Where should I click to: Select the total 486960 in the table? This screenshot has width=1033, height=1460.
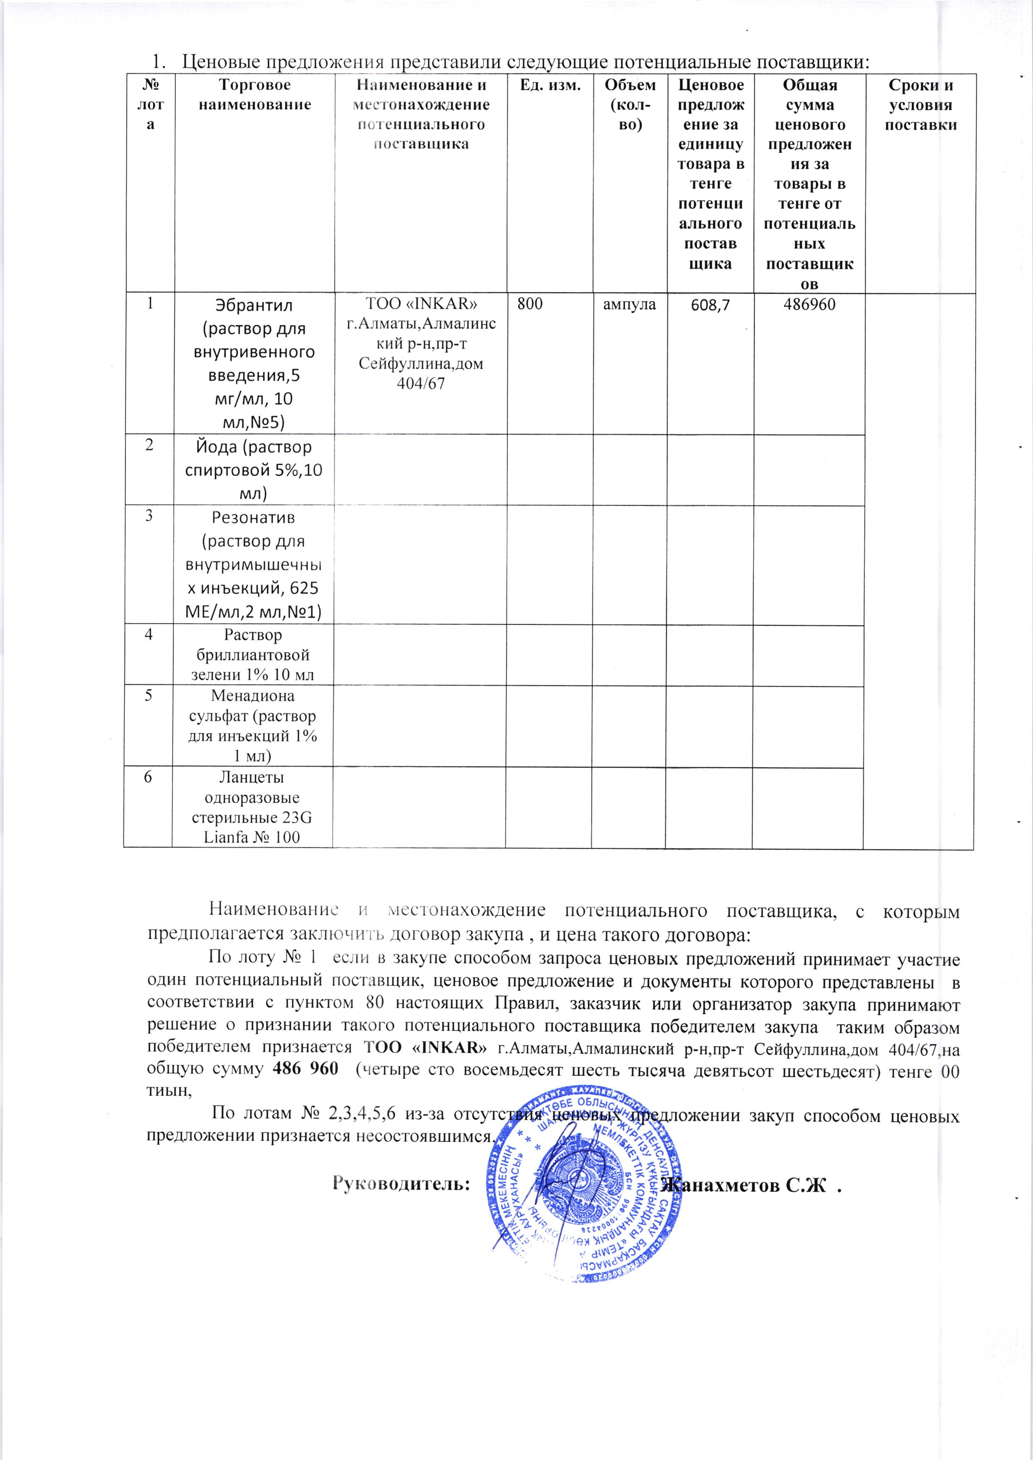pyautogui.click(x=809, y=305)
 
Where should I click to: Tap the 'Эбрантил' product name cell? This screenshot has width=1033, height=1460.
pyautogui.click(x=254, y=363)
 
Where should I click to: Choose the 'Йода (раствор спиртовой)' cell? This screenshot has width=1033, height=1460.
pyautogui.click(x=254, y=470)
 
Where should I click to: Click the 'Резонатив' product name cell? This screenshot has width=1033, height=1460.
pyautogui.click(x=254, y=565)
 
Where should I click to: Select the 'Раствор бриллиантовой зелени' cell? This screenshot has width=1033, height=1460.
pyautogui.click(x=254, y=655)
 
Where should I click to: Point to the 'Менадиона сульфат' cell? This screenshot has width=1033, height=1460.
pyautogui.click(x=254, y=726)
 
